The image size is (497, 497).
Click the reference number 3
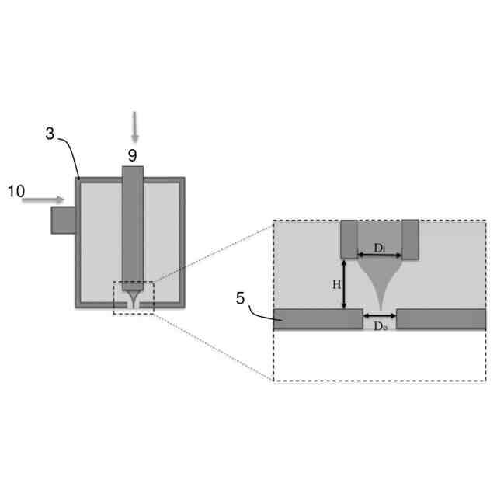click(50, 134)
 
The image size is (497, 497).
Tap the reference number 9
click(133, 155)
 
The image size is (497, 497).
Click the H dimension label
click(337, 284)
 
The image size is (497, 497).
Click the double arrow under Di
click(380, 255)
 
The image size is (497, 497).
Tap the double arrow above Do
click(380, 315)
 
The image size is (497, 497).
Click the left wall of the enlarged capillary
click(349, 239)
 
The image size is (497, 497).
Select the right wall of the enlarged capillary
click(410, 239)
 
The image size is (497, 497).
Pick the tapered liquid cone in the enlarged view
click(380, 280)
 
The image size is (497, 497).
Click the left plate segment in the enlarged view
click(318, 319)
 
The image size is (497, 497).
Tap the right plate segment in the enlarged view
click(441, 319)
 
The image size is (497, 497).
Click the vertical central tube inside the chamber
click(133, 225)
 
